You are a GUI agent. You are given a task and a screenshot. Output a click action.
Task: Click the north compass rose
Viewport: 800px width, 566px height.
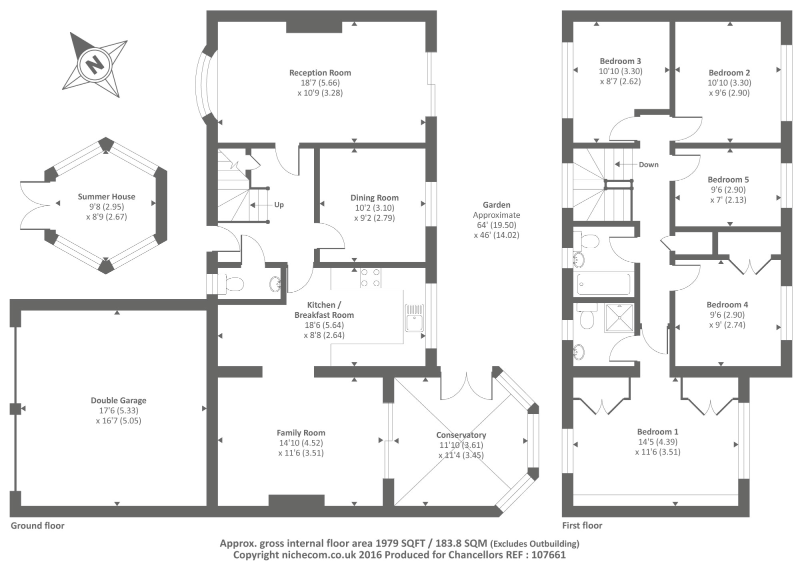tap(94, 65)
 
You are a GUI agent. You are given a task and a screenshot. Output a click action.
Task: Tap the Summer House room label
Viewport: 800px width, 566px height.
tap(106, 197)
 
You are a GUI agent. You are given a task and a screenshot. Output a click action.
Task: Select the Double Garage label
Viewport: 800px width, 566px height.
tap(118, 400)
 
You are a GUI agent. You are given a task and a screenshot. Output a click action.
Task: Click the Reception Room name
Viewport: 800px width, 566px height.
tap(320, 73)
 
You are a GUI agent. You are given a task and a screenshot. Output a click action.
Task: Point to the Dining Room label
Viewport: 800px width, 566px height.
tap(374, 198)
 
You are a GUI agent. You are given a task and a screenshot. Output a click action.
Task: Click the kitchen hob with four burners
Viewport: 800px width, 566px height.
tap(370, 278)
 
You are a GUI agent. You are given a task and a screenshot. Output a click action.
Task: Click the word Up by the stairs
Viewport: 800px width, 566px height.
tap(279, 205)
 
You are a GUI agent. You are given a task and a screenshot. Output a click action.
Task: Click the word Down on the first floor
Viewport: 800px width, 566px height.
tap(648, 165)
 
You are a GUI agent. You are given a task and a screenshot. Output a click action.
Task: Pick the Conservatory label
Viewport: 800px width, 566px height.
tap(461, 435)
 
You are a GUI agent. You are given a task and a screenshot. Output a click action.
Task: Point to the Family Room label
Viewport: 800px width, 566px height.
tap(301, 433)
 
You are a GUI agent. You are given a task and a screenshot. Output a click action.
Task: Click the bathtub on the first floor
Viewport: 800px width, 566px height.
tap(603, 284)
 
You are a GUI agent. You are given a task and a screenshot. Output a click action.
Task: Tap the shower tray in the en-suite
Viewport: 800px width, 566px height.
tap(619, 318)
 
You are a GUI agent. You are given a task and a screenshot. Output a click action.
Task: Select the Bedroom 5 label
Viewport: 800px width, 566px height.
tap(728, 180)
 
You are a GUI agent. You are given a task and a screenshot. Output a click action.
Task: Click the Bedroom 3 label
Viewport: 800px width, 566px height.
tap(620, 61)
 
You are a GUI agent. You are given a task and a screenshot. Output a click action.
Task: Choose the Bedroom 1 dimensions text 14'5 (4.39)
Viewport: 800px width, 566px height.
tap(657, 442)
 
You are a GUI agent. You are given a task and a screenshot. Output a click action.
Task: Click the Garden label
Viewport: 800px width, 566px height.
tap(496, 205)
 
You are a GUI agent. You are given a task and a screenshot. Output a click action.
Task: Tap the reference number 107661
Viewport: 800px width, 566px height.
tap(549, 554)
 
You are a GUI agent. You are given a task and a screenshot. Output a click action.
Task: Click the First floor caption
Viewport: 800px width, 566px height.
tap(582, 525)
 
